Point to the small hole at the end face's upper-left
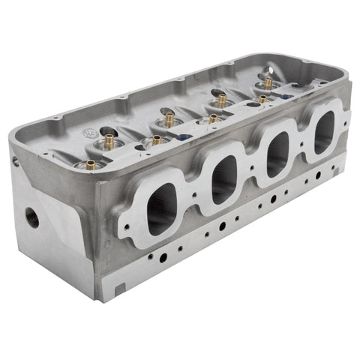click(x=14, y=160)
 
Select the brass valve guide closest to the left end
click(x=91, y=164)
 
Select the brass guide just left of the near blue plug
click(x=156, y=139)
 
